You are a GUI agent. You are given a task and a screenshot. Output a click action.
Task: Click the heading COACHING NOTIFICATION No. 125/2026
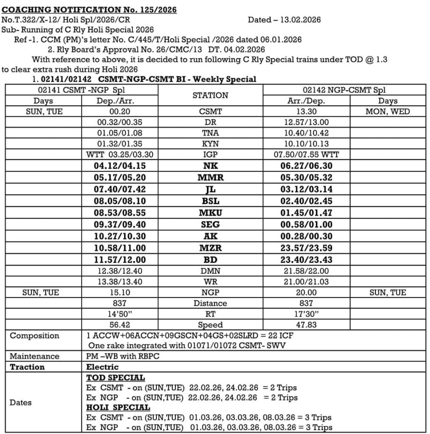tap(89, 10)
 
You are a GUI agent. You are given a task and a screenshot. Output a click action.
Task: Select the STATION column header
tap(210, 95)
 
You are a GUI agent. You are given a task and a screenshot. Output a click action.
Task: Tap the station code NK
tap(210, 167)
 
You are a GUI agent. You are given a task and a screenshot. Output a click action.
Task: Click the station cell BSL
tap(210, 201)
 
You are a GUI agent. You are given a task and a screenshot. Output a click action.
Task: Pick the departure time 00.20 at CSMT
tap(120, 112)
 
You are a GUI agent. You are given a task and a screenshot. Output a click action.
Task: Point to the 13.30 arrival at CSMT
tap(306, 112)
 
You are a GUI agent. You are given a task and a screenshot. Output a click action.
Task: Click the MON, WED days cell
tap(388, 112)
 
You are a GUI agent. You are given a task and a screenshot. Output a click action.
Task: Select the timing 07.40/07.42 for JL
tap(120, 189)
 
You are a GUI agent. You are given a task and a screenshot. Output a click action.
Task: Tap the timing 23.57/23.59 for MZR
tap(306, 248)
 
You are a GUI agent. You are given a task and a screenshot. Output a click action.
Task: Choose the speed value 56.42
tap(120, 325)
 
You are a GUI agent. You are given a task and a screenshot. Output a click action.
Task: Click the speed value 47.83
tap(306, 325)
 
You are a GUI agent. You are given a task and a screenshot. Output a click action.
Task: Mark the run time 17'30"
tap(306, 314)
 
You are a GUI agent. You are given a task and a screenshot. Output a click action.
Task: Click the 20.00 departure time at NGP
tap(306, 292)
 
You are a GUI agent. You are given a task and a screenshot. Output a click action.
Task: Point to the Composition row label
tap(35, 336)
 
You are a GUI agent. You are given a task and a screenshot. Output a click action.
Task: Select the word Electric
tap(102, 367)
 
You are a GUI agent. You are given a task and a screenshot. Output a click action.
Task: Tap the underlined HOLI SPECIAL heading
tap(118, 408)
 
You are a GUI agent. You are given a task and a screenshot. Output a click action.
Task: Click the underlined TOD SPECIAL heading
tap(116, 378)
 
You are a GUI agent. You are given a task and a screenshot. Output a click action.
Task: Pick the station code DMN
tap(210, 270)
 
